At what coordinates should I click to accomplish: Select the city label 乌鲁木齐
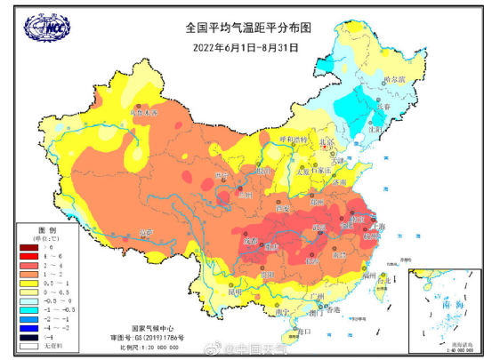[143, 114]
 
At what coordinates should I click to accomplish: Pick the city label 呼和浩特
[291, 140]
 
